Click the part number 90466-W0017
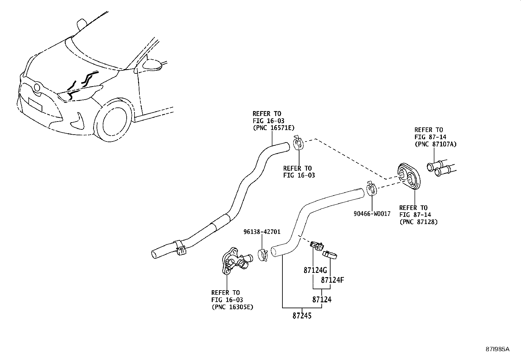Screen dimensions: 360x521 (x=372, y=214)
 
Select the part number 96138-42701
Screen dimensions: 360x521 (x=262, y=232)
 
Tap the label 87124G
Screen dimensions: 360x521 (x=315, y=271)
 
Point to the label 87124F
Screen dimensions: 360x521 (x=332, y=280)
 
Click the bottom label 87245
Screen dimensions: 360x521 (x=302, y=316)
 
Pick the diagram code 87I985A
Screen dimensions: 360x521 (x=497, y=349)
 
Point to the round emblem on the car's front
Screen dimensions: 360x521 (x=37, y=87)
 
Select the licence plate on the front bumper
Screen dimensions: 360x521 (x=35, y=105)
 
